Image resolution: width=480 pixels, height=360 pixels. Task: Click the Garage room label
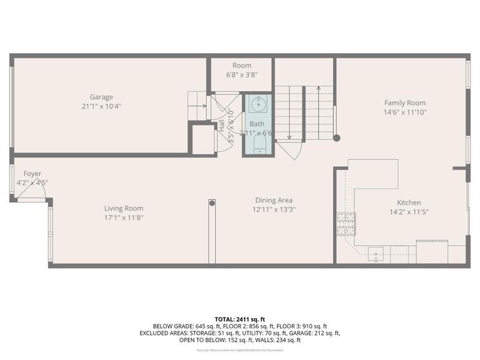pyautogui.click(x=101, y=97)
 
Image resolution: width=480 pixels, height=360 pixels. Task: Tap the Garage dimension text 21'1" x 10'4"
pyautogui.click(x=101, y=106)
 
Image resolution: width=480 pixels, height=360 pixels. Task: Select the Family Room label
pyautogui.click(x=404, y=103)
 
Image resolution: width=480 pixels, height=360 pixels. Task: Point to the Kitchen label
pyautogui.click(x=409, y=202)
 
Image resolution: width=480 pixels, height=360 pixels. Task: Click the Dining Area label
pyautogui.click(x=274, y=201)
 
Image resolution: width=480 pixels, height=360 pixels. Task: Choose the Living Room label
pyautogui.click(x=124, y=209)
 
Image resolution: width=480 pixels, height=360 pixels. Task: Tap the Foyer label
pyautogui.click(x=32, y=174)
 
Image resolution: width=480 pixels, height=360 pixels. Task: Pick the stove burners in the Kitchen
pyautogui.click(x=346, y=224)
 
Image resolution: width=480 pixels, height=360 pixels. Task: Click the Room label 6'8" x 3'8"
pyautogui.click(x=242, y=66)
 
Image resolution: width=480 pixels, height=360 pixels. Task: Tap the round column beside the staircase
pyautogui.click(x=336, y=138)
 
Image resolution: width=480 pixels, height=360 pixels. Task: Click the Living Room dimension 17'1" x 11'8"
pyautogui.click(x=124, y=217)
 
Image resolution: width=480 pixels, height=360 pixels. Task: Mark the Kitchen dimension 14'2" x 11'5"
pyautogui.click(x=409, y=211)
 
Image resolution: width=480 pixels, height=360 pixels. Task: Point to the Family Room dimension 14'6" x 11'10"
pyautogui.click(x=404, y=112)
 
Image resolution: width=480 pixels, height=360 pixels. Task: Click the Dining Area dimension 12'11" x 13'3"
pyautogui.click(x=274, y=209)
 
